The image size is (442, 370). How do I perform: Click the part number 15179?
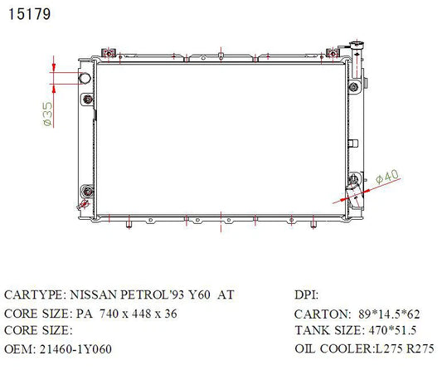point(30,14)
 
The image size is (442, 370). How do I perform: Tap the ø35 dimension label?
point(47,114)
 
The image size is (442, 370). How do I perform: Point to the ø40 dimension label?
point(387,177)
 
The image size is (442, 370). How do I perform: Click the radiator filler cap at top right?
point(357,44)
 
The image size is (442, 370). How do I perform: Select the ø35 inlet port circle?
point(85,78)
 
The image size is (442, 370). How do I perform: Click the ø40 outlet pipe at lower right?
point(354,197)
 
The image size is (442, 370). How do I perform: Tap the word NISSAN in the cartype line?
point(93,295)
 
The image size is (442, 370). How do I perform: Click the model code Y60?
point(199,295)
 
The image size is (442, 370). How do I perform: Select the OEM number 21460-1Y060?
point(75,349)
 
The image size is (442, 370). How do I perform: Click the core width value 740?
point(109,314)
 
